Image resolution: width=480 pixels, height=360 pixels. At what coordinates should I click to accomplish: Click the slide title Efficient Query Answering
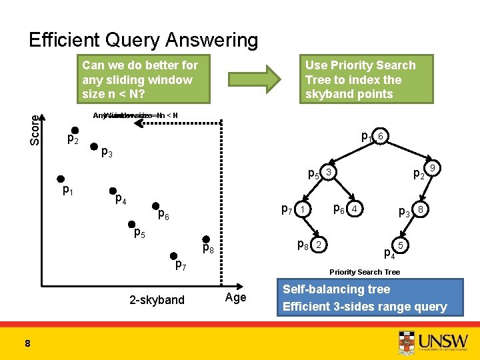143,41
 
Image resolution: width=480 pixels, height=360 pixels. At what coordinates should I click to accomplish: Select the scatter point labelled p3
95,147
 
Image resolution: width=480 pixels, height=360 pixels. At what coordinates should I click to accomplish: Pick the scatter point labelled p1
61,179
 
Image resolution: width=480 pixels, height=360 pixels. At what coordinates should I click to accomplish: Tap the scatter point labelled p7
173,255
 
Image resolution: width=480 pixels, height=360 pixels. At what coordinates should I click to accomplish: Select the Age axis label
235,297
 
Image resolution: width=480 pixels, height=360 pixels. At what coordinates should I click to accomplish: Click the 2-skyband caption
157,300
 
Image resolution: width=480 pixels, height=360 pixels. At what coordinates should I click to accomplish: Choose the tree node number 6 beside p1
379,136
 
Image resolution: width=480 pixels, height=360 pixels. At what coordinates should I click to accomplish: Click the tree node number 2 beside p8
319,245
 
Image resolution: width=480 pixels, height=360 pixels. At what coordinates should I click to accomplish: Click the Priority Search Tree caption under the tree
365,272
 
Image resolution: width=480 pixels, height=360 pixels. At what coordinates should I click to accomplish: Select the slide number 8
27,343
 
